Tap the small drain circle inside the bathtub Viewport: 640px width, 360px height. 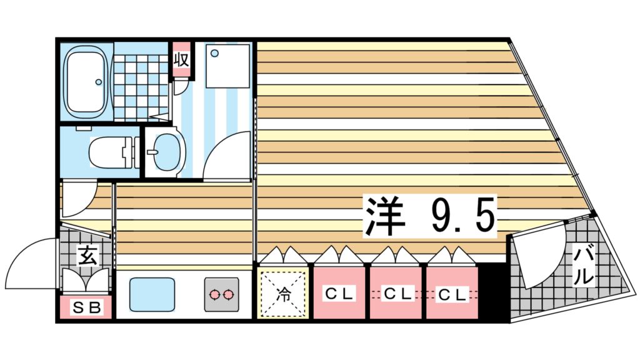[x=97, y=81]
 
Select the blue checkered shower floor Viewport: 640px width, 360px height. [x=141, y=87]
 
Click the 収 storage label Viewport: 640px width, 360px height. [x=181, y=60]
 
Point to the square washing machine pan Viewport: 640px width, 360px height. [x=227, y=67]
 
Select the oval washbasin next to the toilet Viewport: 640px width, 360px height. [x=167, y=152]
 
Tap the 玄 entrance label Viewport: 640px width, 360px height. [x=87, y=255]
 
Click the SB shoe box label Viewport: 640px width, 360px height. [x=86, y=307]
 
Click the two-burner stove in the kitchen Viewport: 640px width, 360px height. [x=221, y=293]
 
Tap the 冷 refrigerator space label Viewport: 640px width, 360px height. [x=284, y=292]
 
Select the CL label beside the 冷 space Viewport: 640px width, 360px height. [x=338, y=292]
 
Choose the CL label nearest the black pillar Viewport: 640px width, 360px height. [x=451, y=293]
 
